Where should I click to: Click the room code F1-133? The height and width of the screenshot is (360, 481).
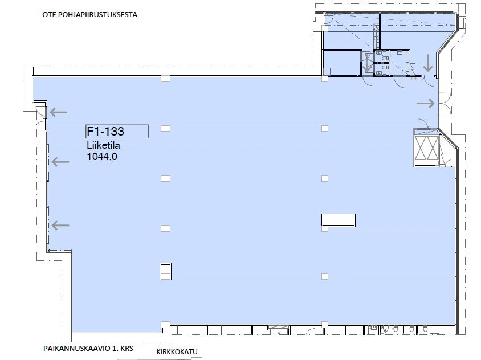coord(105,132)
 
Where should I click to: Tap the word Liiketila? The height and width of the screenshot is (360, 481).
coord(103,145)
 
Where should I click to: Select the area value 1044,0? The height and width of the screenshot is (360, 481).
coord(102,157)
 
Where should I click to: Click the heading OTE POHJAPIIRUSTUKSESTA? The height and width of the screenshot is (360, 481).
coord(89,15)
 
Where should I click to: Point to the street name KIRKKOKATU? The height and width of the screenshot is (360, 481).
coord(177,351)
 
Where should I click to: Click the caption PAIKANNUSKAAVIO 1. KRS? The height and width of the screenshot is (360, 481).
coord(88,349)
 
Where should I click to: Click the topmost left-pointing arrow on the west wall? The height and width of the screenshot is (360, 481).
coord(59,112)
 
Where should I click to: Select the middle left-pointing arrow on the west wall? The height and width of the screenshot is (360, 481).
coord(60,162)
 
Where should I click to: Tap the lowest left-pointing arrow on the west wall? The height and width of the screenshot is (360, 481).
coord(60,226)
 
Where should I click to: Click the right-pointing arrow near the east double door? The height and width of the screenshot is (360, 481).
coord(426,103)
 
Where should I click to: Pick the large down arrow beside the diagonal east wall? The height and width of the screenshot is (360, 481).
coord(428,63)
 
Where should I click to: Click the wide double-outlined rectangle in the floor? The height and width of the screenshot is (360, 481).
coord(339,220)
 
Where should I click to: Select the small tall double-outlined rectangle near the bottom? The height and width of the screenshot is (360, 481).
coord(166,271)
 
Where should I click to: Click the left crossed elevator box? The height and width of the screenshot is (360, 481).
coord(421,149)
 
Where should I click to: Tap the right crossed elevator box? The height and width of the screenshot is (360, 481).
coord(433,149)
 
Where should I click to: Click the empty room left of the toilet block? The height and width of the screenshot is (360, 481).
coord(342,63)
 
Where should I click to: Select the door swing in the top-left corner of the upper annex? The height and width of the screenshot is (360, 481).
coord(328,20)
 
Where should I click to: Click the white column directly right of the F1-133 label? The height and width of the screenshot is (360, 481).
coord(166,129)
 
